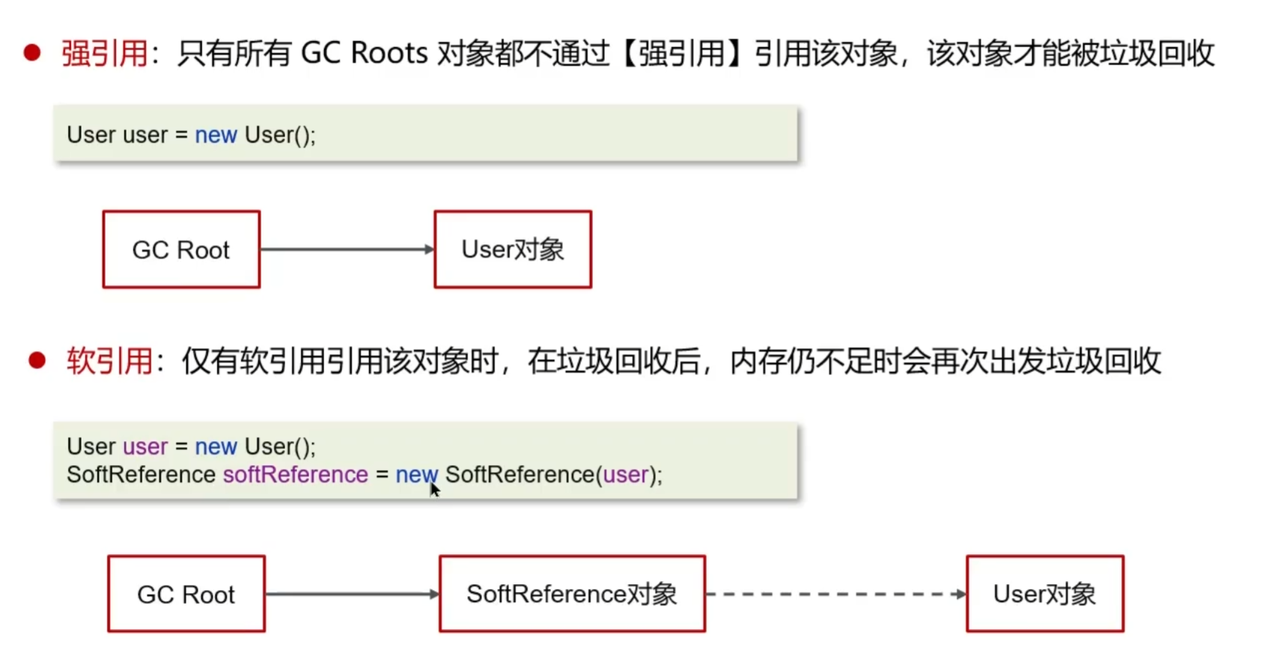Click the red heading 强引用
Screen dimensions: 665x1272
click(104, 54)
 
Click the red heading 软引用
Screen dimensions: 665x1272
click(109, 362)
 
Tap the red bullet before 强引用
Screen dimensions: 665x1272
click(32, 52)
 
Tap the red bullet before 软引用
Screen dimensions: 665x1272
click(37, 361)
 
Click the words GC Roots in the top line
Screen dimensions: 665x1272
click(364, 54)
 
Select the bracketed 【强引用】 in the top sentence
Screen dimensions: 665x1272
click(681, 54)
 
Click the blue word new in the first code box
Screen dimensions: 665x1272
click(216, 135)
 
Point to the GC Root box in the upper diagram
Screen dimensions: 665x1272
click(181, 249)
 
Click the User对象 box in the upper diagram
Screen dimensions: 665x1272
click(513, 249)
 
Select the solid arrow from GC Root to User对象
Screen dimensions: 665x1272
click(347, 249)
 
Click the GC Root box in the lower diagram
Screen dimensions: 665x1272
click(186, 594)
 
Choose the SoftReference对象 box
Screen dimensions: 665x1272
click(572, 594)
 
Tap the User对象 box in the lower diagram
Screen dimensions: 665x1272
click(1045, 594)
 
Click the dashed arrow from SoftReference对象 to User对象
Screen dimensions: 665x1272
click(836, 594)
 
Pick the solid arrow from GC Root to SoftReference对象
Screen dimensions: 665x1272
click(352, 594)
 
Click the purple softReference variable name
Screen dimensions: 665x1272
click(296, 475)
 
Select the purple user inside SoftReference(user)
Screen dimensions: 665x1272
click(626, 475)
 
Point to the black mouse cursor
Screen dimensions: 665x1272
click(433, 488)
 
